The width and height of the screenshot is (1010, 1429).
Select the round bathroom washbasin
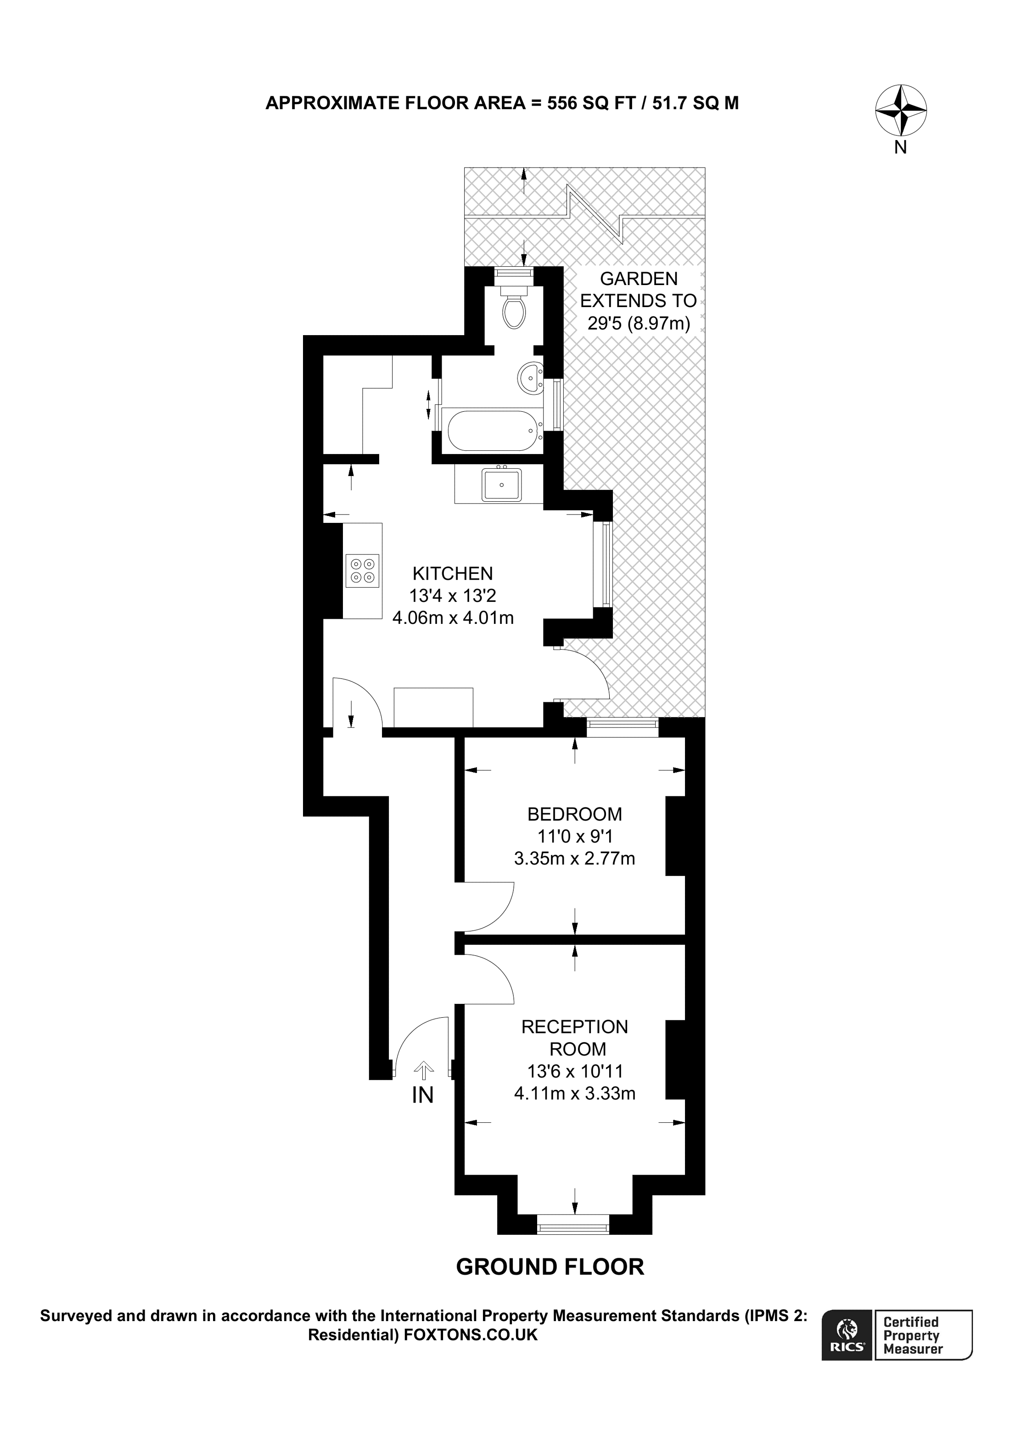(530, 378)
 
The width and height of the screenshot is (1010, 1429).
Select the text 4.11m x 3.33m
(574, 1093)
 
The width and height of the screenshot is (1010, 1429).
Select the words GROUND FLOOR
(550, 1267)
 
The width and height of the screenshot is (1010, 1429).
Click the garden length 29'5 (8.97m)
(639, 324)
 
